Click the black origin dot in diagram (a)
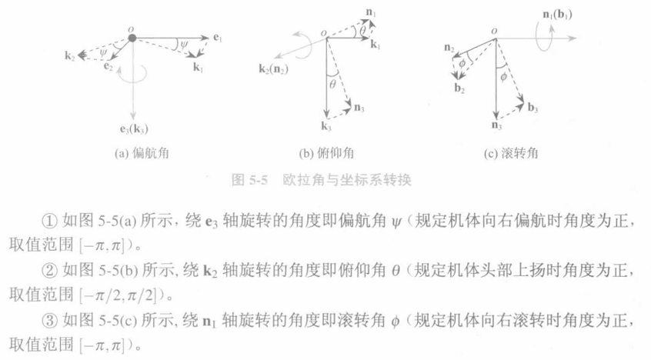coord(132,38)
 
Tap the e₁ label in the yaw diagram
coord(218,38)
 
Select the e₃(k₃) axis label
coord(134,129)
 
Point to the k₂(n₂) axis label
coord(274,68)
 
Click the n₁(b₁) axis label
coord(557,15)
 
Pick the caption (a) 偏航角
coord(142,154)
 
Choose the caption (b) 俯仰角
coord(326,154)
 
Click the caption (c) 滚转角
coord(511,154)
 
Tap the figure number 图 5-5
coord(249,180)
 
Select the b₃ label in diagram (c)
coord(532,108)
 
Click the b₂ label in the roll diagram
coord(459,88)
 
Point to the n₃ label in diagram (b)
coord(359,108)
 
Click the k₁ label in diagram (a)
coord(199,67)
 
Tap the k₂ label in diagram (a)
coord(70,55)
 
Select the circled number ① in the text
coord(49,222)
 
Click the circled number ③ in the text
coord(49,321)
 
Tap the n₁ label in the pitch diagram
coord(371,13)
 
